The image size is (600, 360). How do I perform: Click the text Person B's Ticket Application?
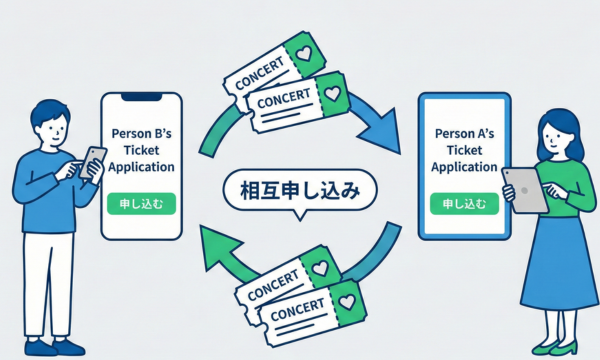(141, 151)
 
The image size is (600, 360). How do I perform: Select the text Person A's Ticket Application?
(464, 149)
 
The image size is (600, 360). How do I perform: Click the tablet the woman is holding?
(526, 190)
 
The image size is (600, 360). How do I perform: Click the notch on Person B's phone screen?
(140, 98)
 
